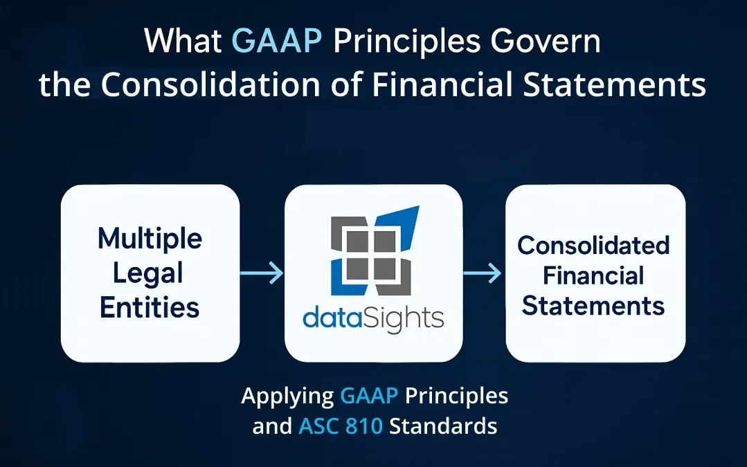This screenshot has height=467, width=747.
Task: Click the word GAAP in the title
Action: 277,41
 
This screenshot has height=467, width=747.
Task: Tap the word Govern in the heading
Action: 546,41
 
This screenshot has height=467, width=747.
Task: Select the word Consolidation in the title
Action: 210,84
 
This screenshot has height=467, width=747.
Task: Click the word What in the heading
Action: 183,41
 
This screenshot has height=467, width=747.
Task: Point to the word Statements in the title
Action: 615,84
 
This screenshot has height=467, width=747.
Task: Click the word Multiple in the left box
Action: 150,239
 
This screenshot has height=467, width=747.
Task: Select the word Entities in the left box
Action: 150,307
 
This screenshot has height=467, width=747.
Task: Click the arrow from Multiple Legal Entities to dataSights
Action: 262,273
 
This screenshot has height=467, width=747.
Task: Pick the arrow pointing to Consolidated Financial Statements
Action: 482,273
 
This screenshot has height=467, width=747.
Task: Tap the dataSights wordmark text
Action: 374,318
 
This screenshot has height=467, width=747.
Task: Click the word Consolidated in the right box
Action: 593,246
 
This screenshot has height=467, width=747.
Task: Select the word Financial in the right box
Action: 593,275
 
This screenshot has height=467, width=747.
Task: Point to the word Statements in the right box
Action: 593,306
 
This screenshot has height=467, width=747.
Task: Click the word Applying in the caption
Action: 288,396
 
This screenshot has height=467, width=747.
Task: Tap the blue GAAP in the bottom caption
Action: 369,396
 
